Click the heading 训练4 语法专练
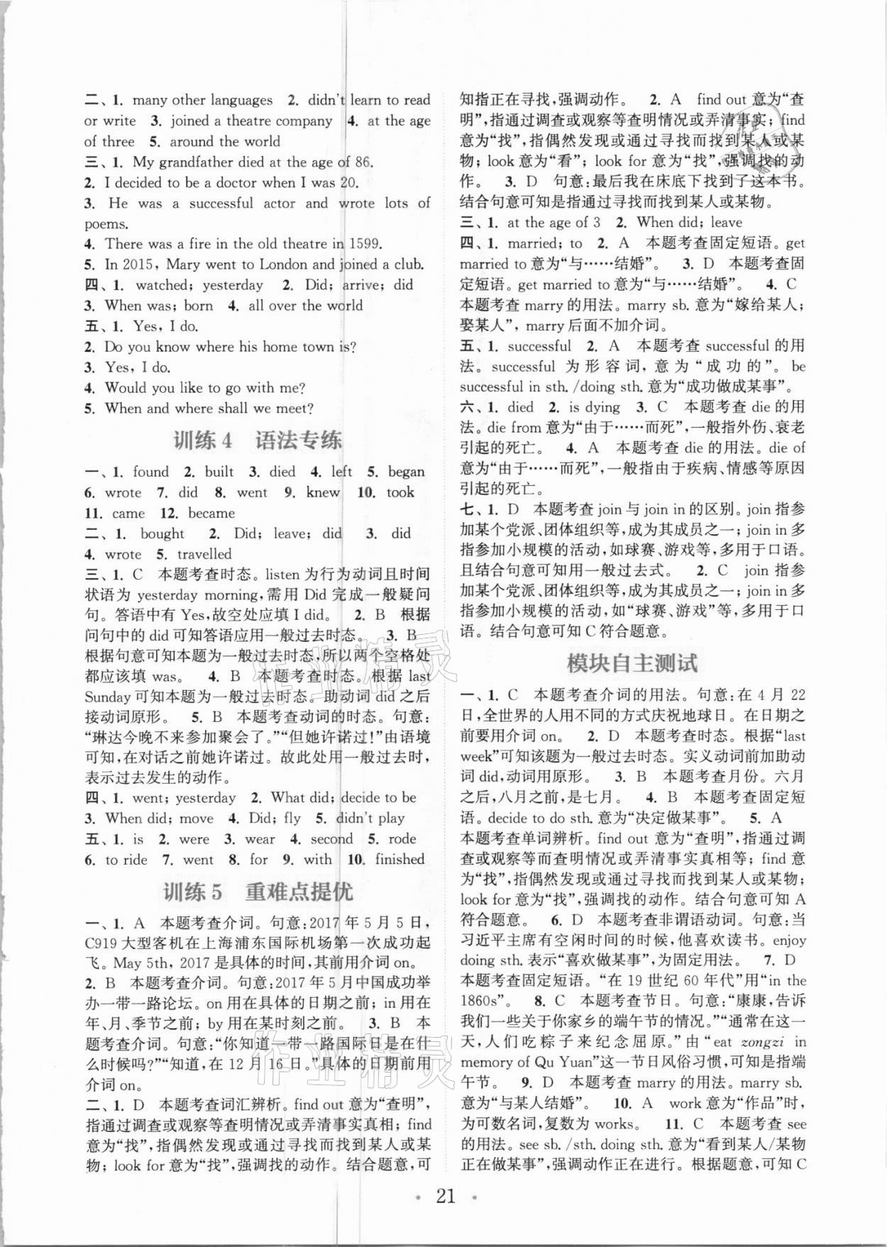(257, 440)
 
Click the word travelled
(204, 554)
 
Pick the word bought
(162, 533)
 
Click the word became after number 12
(211, 513)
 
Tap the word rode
(402, 838)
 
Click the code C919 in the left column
(104, 943)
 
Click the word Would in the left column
(126, 387)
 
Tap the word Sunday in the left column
(107, 697)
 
